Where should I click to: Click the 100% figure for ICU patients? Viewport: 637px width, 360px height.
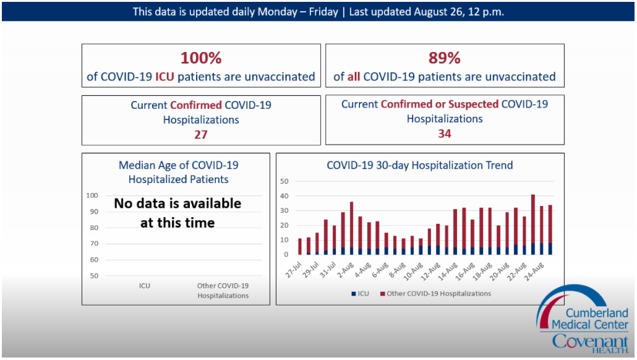coord(201,58)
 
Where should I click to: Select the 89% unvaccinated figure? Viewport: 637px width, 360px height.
coord(445,58)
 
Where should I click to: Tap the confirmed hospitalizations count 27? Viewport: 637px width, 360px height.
coord(201,134)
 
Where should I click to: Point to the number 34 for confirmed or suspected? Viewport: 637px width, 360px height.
coord(445,134)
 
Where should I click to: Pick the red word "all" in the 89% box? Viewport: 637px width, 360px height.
coord(354,77)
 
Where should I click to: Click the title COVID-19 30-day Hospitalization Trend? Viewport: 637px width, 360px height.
coord(419,165)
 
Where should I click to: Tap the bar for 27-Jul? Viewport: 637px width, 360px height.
coord(300,247)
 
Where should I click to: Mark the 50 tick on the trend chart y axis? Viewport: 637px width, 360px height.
coord(284,181)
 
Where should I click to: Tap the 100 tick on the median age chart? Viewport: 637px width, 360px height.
coord(92,195)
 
